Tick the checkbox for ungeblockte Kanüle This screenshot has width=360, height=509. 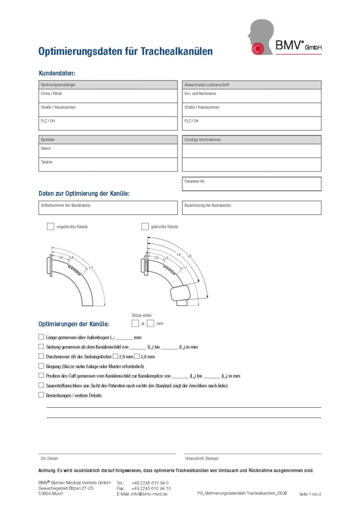(x=50, y=226)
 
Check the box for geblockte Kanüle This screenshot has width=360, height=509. (x=145, y=226)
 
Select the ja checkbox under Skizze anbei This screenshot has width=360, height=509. (x=135, y=323)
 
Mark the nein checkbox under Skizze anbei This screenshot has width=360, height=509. (x=150, y=323)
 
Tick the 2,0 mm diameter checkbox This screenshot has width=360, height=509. (x=115, y=356)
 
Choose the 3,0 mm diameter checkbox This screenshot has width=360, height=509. (x=137, y=356)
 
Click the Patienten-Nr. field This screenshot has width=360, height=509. (x=251, y=184)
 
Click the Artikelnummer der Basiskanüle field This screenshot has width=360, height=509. (x=108, y=208)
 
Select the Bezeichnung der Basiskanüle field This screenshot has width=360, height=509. (x=251, y=208)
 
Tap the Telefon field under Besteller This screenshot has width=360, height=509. (x=108, y=165)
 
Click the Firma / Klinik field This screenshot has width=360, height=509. (x=108, y=96)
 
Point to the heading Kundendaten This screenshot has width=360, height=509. (x=57, y=73)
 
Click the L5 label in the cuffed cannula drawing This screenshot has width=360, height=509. (x=189, y=256)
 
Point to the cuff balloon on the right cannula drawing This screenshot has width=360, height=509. (x=181, y=295)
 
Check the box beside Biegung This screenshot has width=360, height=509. (x=41, y=366)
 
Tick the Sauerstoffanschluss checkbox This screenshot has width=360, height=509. (x=41, y=385)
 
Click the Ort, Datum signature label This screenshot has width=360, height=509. (x=49, y=459)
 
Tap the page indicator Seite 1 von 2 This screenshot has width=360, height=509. (x=310, y=494)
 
